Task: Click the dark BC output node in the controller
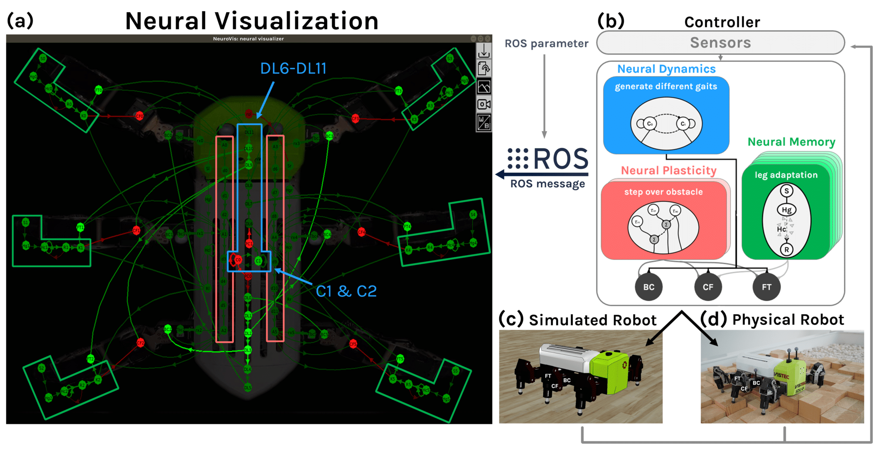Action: coord(649,287)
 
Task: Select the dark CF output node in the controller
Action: coord(708,287)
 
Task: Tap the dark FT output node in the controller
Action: coord(767,287)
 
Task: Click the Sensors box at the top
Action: coord(720,43)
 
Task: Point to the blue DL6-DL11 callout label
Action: coord(293,68)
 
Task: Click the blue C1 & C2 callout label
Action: coord(346,291)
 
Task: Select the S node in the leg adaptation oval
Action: coord(786,191)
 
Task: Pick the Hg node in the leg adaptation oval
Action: coord(786,210)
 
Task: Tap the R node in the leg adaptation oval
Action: coord(786,250)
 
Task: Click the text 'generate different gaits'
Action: coord(666,86)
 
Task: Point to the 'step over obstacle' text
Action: coord(663,192)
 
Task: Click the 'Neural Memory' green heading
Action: coord(791,142)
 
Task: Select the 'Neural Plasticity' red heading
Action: coord(669,171)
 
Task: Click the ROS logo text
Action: coord(560,159)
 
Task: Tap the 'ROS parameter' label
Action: coord(546,44)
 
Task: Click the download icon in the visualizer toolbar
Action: coord(484,51)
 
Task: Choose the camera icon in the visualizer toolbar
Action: coord(484,104)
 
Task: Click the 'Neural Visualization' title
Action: coord(252,21)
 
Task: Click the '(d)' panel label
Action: coord(713,319)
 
